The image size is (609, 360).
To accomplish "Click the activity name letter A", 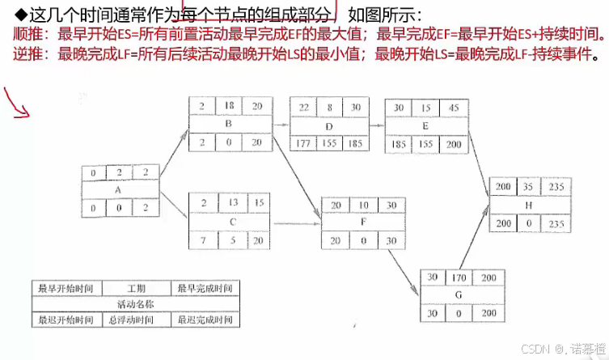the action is (x=119, y=190).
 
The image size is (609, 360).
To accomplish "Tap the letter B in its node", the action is (x=229, y=125).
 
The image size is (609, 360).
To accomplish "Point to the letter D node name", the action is (x=329, y=126).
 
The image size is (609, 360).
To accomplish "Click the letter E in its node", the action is (x=426, y=126).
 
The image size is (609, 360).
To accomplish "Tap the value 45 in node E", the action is (x=455, y=108).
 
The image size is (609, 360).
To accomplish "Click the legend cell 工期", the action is (x=136, y=288).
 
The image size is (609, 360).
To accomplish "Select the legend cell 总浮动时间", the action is (x=136, y=320).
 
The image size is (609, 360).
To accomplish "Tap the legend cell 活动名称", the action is (x=136, y=304).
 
